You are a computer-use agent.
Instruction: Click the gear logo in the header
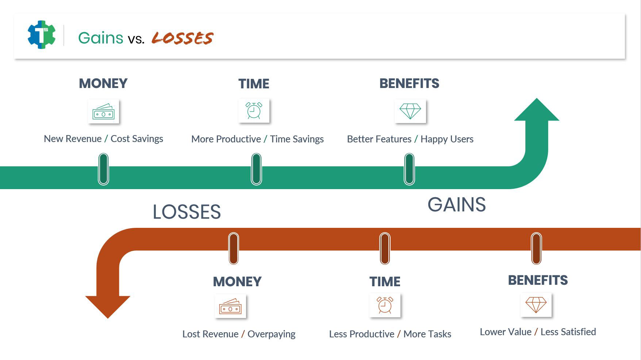42,35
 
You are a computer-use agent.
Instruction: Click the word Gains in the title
101,38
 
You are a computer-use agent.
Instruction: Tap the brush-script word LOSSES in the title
183,38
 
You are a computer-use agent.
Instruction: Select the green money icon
104,111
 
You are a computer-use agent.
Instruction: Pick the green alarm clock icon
254,111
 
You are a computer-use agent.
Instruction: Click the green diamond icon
410,111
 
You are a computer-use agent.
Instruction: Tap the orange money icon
230,306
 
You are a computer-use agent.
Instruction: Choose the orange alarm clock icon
385,305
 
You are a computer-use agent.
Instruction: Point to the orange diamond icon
536,305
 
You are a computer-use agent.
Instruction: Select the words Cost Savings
137,139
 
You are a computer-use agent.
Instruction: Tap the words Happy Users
447,139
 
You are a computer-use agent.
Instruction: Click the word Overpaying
272,334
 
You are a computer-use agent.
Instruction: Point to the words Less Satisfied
568,332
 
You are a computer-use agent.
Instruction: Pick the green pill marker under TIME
256,169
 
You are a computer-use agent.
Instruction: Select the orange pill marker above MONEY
234,248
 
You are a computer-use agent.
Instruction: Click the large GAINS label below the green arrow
457,204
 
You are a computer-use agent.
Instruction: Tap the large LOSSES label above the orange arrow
187,212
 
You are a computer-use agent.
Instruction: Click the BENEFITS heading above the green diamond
409,84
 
